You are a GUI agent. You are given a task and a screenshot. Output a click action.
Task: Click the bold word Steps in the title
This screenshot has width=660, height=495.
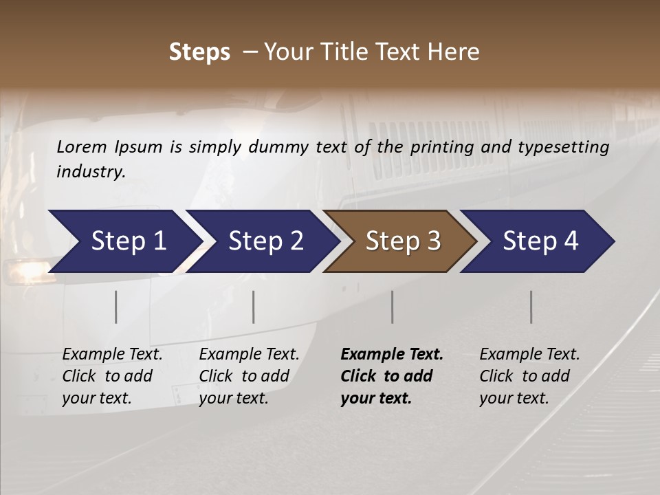199,52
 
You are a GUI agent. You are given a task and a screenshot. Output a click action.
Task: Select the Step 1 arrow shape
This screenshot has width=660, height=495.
124,241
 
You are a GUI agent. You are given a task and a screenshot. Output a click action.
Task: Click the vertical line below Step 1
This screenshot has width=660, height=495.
116,307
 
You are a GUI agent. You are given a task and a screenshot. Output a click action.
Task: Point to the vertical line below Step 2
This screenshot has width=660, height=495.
254,307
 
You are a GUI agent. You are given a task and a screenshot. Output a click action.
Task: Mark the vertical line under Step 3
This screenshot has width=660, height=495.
393,307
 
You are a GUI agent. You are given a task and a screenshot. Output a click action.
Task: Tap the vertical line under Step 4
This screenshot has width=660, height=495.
531,307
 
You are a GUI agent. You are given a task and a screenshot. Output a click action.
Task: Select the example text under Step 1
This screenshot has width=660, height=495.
112,376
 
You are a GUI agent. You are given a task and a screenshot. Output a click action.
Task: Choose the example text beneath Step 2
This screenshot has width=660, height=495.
249,376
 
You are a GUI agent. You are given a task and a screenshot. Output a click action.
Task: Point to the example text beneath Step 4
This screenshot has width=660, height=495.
529,376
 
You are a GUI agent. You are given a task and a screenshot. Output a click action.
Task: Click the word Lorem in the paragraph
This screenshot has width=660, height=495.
82,146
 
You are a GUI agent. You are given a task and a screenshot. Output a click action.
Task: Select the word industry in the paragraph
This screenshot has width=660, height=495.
90,172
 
